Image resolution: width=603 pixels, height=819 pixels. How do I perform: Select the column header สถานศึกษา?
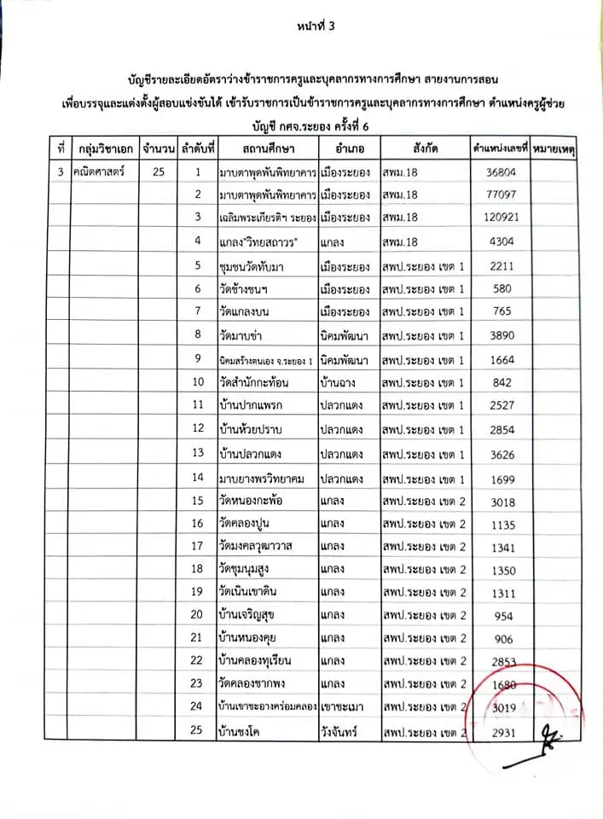[267, 148]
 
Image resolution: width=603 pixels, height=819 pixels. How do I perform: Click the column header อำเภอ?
[351, 148]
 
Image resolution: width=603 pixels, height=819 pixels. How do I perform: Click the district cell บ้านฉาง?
[341, 381]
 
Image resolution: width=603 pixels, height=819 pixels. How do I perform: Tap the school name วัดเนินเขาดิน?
[254, 591]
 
